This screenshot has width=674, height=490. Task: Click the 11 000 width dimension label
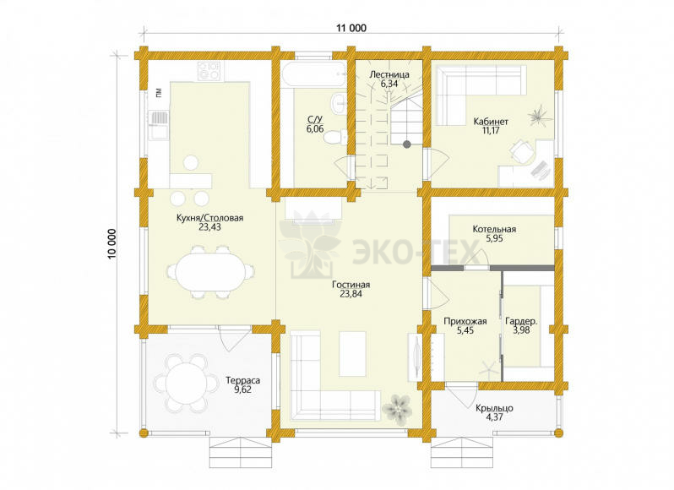coord(351,29)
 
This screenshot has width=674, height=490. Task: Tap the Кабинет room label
coord(491,122)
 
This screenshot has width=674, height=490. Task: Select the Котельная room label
coord(494,229)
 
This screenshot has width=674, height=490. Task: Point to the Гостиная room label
coord(351,285)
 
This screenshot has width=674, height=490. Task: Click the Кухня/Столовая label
coord(209,218)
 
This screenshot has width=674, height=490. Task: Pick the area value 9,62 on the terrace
coord(243,389)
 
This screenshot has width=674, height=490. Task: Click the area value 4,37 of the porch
coord(494,417)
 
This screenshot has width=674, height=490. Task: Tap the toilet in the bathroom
coord(335,137)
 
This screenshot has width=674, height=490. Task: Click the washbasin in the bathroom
coord(339,103)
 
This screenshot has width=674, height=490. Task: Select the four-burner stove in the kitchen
coord(209,71)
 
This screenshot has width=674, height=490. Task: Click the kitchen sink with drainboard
coord(158,125)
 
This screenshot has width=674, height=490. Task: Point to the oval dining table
coord(210,272)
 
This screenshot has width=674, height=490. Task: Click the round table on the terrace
coord(186,383)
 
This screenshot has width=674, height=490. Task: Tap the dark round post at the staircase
coord(406,144)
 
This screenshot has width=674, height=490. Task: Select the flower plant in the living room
coord(398,408)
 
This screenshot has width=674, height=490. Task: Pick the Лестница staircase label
coord(389,74)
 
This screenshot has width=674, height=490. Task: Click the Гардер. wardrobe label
coord(521,321)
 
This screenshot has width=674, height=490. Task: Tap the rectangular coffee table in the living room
coord(352,354)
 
